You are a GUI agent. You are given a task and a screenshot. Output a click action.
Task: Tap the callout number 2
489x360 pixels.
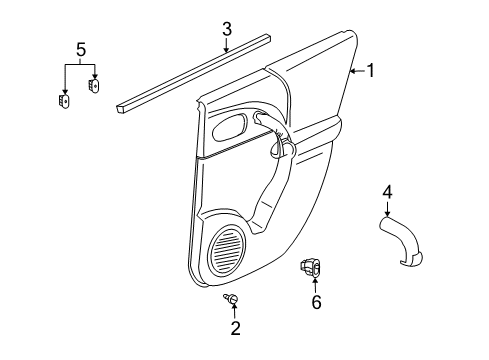pos(235,328)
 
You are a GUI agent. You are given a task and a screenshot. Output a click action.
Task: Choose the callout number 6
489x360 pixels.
pos(316,302)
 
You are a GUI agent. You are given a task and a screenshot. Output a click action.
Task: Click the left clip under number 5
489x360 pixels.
pos(64,101)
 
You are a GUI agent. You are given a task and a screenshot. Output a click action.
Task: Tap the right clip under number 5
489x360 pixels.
pos(94,85)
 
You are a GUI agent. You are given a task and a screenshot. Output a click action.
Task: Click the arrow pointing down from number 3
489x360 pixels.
pos(227,43)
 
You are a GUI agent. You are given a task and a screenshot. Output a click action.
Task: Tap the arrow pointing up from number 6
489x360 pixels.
pos(316,285)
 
